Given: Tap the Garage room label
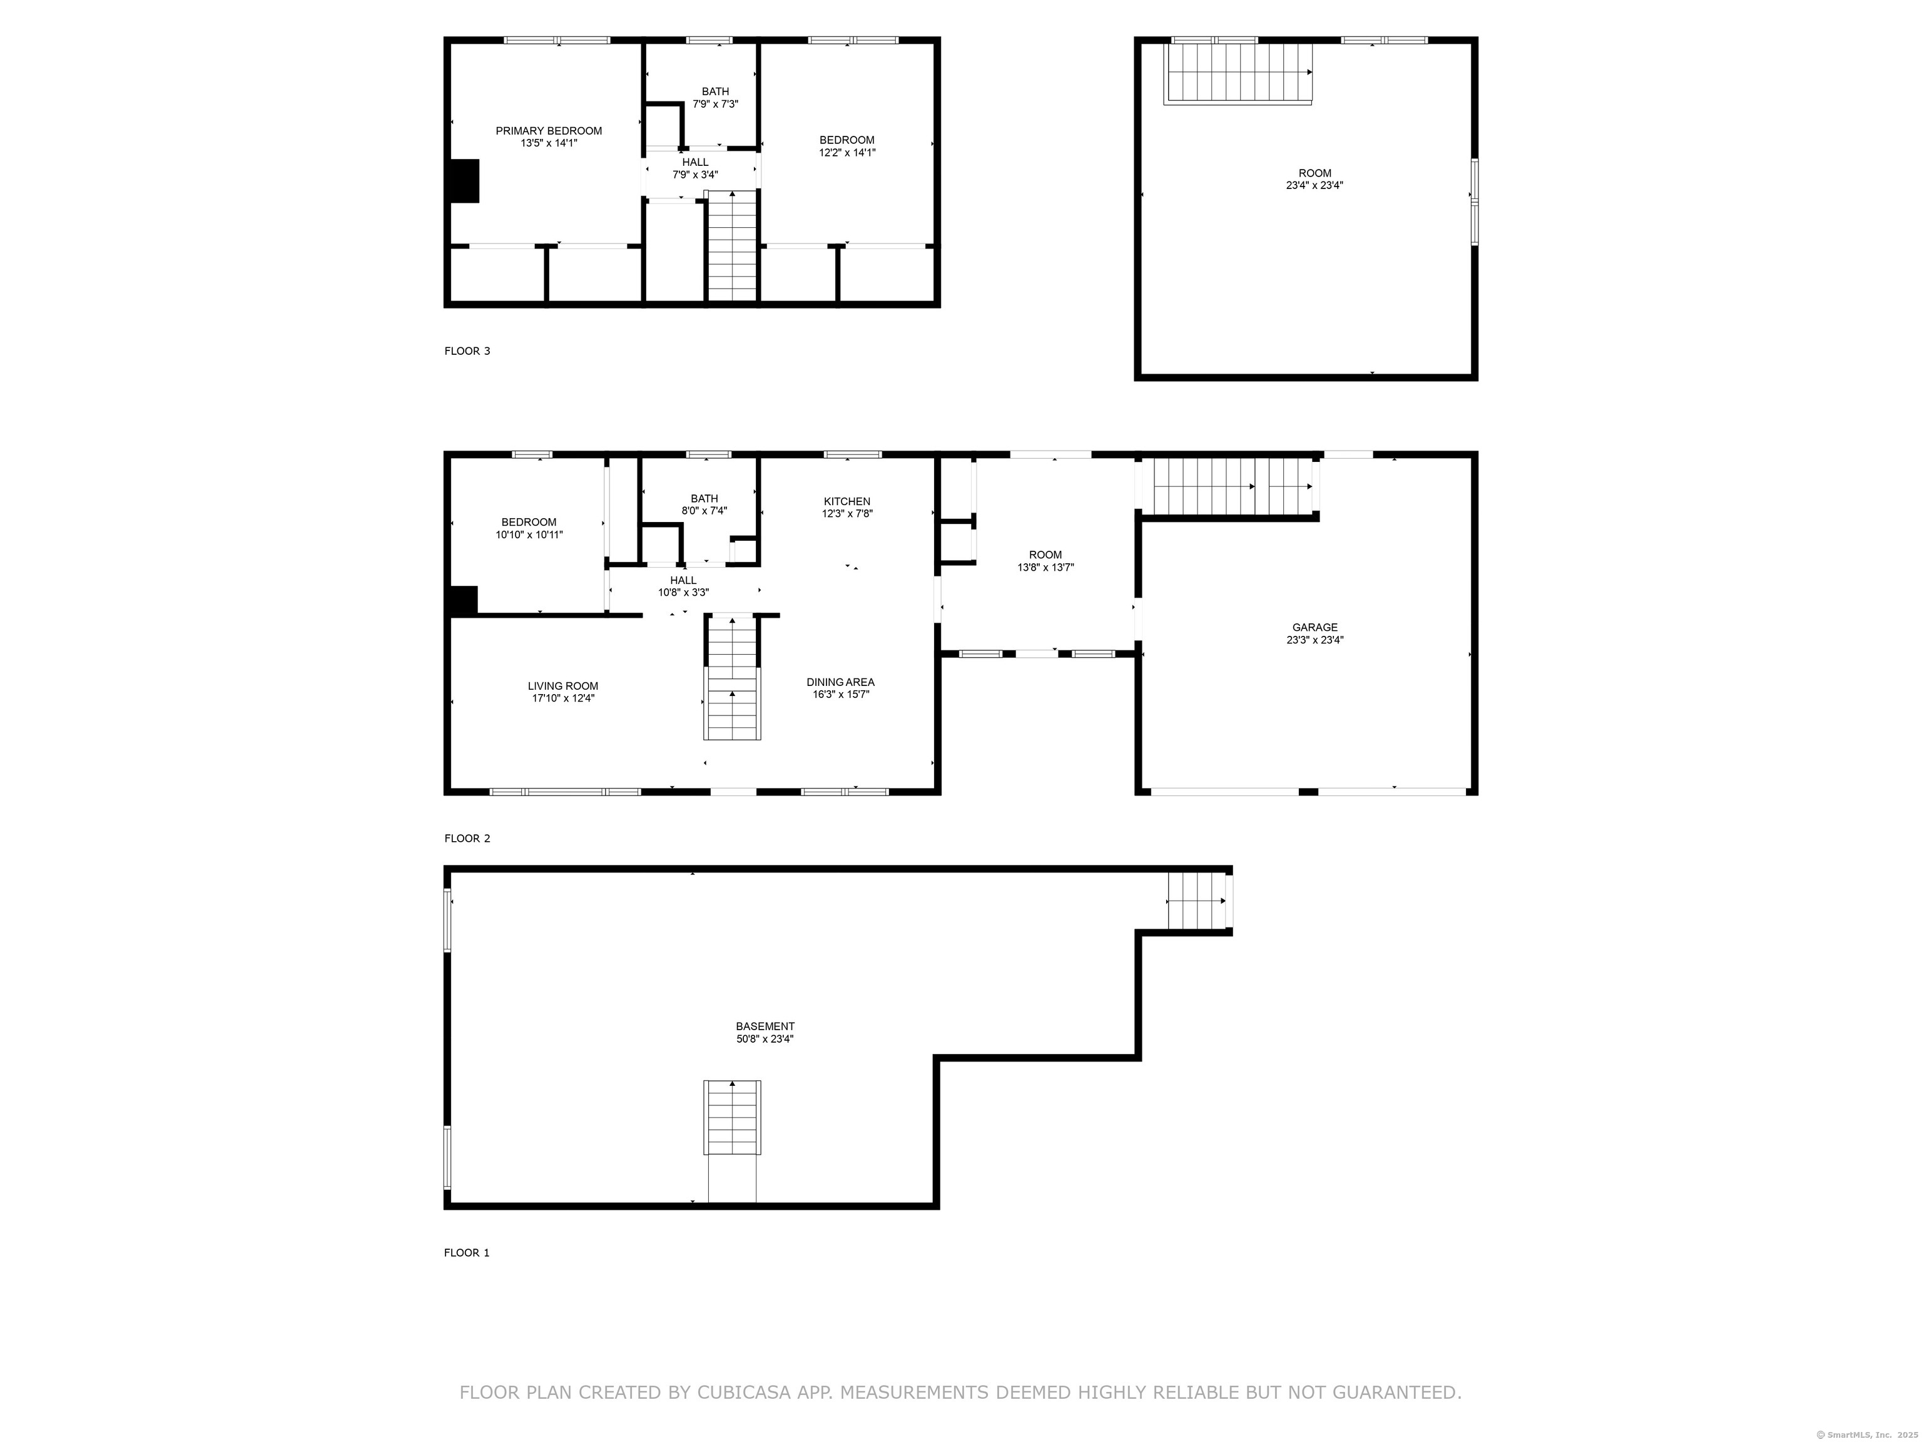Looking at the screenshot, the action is (1314, 628).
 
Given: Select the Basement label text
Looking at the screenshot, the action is (765, 1026).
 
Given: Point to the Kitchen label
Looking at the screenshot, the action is (847, 501).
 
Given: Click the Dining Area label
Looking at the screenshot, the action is (840, 682).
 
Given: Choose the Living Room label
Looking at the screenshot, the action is (563, 687).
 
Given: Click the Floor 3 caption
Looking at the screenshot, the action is (467, 351).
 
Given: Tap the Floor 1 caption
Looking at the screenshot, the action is (467, 1252).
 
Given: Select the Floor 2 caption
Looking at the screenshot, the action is (467, 839).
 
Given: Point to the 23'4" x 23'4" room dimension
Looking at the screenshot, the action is (1314, 185).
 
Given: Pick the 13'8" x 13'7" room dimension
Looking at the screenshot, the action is (1045, 568).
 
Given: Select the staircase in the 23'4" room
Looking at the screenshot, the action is (1238, 74).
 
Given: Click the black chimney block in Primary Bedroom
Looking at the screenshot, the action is (464, 181).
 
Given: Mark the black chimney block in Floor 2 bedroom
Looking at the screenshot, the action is (463, 601).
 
